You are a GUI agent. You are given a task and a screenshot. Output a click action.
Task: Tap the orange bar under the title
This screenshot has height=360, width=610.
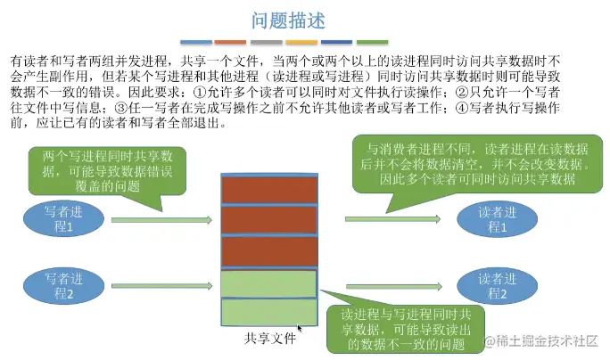click(230, 41)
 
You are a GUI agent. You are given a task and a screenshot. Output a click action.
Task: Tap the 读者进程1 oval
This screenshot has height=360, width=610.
click(497, 219)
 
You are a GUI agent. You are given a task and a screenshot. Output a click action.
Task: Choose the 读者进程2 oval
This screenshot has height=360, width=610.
click(497, 286)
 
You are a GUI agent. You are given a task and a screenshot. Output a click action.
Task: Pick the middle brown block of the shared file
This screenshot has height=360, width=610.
click(269, 219)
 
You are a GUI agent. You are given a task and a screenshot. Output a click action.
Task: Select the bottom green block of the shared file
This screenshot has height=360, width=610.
click(269, 311)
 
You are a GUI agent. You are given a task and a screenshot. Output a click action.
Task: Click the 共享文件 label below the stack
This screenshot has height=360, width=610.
click(269, 338)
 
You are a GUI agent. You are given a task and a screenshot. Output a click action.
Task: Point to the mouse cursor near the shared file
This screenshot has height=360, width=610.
click(300, 329)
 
